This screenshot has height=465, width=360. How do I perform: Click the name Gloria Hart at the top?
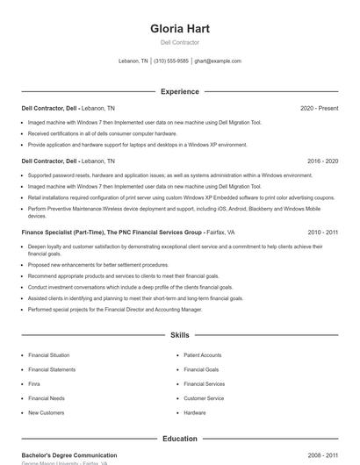(180, 28)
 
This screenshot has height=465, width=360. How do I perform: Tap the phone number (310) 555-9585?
(171, 61)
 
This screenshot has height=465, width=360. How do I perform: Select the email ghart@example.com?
(218, 61)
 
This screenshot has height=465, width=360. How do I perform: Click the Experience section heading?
(180, 91)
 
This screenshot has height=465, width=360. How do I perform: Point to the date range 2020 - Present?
(319, 108)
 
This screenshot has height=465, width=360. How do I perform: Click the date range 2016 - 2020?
(322, 161)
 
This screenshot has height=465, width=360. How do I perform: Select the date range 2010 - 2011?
(322, 232)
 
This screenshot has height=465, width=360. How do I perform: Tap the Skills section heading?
(180, 335)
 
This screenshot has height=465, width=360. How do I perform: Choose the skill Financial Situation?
(48, 355)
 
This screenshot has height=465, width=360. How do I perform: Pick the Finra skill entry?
(34, 383)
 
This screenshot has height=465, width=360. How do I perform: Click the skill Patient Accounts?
(203, 355)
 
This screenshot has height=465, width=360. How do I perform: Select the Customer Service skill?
(204, 398)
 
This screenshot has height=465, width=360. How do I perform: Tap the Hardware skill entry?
(195, 412)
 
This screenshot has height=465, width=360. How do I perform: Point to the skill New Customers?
(46, 412)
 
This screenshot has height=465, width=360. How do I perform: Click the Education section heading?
(180, 439)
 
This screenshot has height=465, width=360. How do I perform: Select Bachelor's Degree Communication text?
(69, 455)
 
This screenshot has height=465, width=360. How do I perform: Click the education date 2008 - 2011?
(322, 455)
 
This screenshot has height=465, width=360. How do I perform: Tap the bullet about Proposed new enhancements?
(98, 264)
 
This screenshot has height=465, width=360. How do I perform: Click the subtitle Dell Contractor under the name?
(180, 42)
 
